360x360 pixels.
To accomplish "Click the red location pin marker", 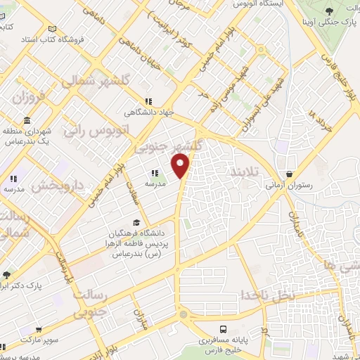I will [181, 166].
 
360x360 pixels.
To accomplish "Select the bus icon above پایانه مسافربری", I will [224, 329].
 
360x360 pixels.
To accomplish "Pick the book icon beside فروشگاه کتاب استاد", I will [52, 29].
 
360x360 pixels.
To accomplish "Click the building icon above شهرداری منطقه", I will [26, 120].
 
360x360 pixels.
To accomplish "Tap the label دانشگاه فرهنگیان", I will [137, 233].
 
